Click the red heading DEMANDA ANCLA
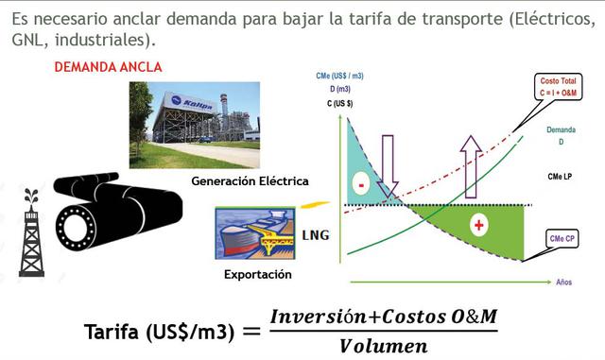[x=108, y=67]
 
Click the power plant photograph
[x=194, y=123]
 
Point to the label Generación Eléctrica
[x=250, y=180]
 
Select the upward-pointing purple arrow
[x=471, y=168]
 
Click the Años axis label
[x=564, y=282]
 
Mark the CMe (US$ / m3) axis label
[x=340, y=76]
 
